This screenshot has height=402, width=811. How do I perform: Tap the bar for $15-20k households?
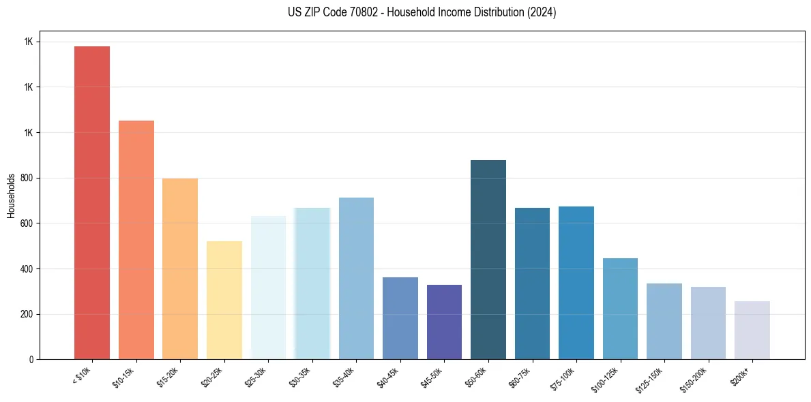tap(180, 268)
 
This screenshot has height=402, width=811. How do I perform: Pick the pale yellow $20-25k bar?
tap(224, 300)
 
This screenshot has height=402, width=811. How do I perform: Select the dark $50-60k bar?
tap(488, 260)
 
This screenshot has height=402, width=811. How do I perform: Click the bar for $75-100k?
tap(576, 283)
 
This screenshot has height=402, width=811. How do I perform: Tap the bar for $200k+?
tap(752, 330)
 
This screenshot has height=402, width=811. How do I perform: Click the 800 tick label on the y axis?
tap(27, 178)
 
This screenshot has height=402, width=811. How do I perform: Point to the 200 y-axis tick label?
tap(27, 314)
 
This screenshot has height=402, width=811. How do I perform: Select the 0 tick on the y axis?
tap(31, 359)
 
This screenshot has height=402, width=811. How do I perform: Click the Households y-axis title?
tap(11, 196)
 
